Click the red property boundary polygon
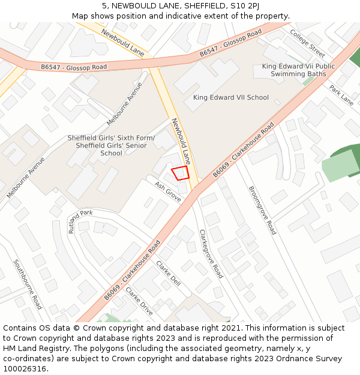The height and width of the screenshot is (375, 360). [181, 173]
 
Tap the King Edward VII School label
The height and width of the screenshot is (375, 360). [230, 97]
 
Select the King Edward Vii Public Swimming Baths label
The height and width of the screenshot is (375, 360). [298, 70]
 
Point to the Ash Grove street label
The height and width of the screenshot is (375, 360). [167, 191]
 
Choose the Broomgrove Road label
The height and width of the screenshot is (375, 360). [262, 210]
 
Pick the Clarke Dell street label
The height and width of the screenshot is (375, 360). [168, 273]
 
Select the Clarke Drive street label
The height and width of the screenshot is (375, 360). [139, 305]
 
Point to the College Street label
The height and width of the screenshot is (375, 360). [307, 43]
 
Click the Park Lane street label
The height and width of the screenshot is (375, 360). [341, 95]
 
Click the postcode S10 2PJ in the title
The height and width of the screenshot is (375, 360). [245, 5]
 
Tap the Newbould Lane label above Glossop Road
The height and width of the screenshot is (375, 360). [122, 41]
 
